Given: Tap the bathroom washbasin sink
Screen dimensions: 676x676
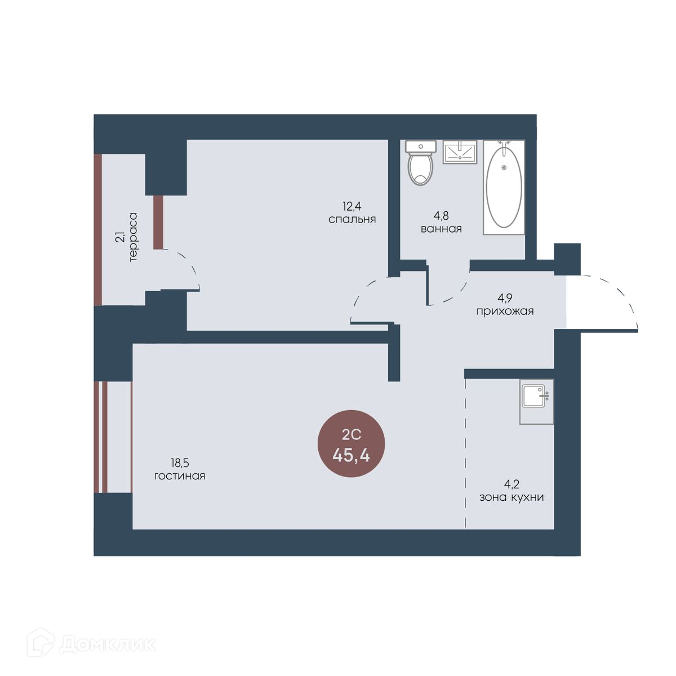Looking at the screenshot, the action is tap(460, 152).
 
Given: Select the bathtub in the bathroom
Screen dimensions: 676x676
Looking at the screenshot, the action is tap(504, 187).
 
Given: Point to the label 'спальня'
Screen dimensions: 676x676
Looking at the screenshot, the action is tap(352, 220).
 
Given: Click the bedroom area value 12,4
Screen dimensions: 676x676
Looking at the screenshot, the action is tap(352, 206).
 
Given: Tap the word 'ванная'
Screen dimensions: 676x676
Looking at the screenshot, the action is tap(441, 229).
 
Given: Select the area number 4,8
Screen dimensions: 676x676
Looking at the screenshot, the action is tap(441, 215).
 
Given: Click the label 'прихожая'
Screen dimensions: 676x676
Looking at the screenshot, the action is tap(505, 311).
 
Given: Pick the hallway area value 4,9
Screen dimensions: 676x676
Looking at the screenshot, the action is tap(505, 297).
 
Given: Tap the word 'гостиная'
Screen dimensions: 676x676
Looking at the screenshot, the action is tap(180, 476).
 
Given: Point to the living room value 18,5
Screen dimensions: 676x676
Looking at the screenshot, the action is tap(180, 463).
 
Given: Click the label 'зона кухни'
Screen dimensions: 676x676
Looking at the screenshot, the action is tap(512, 497).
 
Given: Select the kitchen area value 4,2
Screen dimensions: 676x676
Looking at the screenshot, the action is tap(512, 484).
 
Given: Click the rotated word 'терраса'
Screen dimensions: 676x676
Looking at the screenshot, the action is tap(134, 237).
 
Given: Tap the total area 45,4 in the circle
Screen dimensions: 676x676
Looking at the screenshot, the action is tap(351, 456).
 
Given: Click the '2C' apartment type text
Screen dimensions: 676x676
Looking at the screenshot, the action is tap(351, 435).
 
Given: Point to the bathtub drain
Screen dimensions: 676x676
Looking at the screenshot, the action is tap(504, 168).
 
